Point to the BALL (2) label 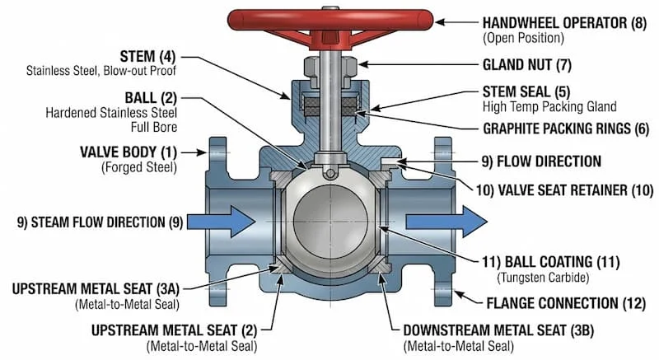tap(145, 96)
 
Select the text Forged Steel tap(139, 168)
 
